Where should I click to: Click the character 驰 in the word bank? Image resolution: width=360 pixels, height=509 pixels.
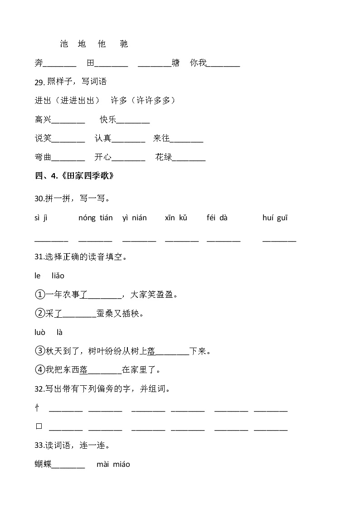124,44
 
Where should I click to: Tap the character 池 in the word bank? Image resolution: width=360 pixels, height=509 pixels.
64,44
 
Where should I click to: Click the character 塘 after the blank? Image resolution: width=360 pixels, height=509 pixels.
175,63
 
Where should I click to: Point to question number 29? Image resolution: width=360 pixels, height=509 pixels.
39,82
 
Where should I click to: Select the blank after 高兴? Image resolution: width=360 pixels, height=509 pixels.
68,121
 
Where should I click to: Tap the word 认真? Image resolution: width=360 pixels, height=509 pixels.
102,139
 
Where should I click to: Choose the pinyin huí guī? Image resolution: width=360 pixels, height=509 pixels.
275,218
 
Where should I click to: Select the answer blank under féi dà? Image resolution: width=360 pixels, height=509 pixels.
224,239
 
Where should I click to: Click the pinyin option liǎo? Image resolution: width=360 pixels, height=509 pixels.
58,276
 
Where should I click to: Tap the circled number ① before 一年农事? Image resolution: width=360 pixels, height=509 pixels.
40,295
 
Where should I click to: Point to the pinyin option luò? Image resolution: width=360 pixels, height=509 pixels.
40,333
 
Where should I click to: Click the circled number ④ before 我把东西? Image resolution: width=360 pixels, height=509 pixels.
40,370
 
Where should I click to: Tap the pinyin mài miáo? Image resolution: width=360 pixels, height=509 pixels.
113,464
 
